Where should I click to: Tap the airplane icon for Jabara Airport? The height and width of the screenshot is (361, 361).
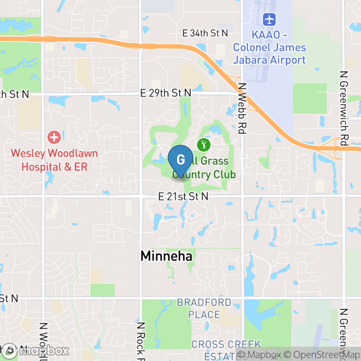point(269,20)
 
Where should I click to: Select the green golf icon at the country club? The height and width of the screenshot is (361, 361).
point(204,143)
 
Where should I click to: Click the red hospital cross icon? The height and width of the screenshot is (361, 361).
point(54,138)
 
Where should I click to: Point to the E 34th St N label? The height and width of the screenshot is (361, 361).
point(206,33)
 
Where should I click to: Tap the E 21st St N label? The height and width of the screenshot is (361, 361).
point(183,196)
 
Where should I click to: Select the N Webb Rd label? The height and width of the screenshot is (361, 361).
point(243,108)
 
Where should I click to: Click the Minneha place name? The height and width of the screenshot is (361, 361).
point(166,256)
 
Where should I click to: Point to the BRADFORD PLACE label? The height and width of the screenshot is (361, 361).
point(204,308)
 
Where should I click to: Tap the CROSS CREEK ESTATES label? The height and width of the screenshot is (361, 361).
point(226,350)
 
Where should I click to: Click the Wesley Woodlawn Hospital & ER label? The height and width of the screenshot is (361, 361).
point(54,160)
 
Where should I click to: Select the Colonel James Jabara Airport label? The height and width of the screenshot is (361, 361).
point(269,54)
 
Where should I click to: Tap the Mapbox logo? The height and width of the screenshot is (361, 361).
point(35,351)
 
